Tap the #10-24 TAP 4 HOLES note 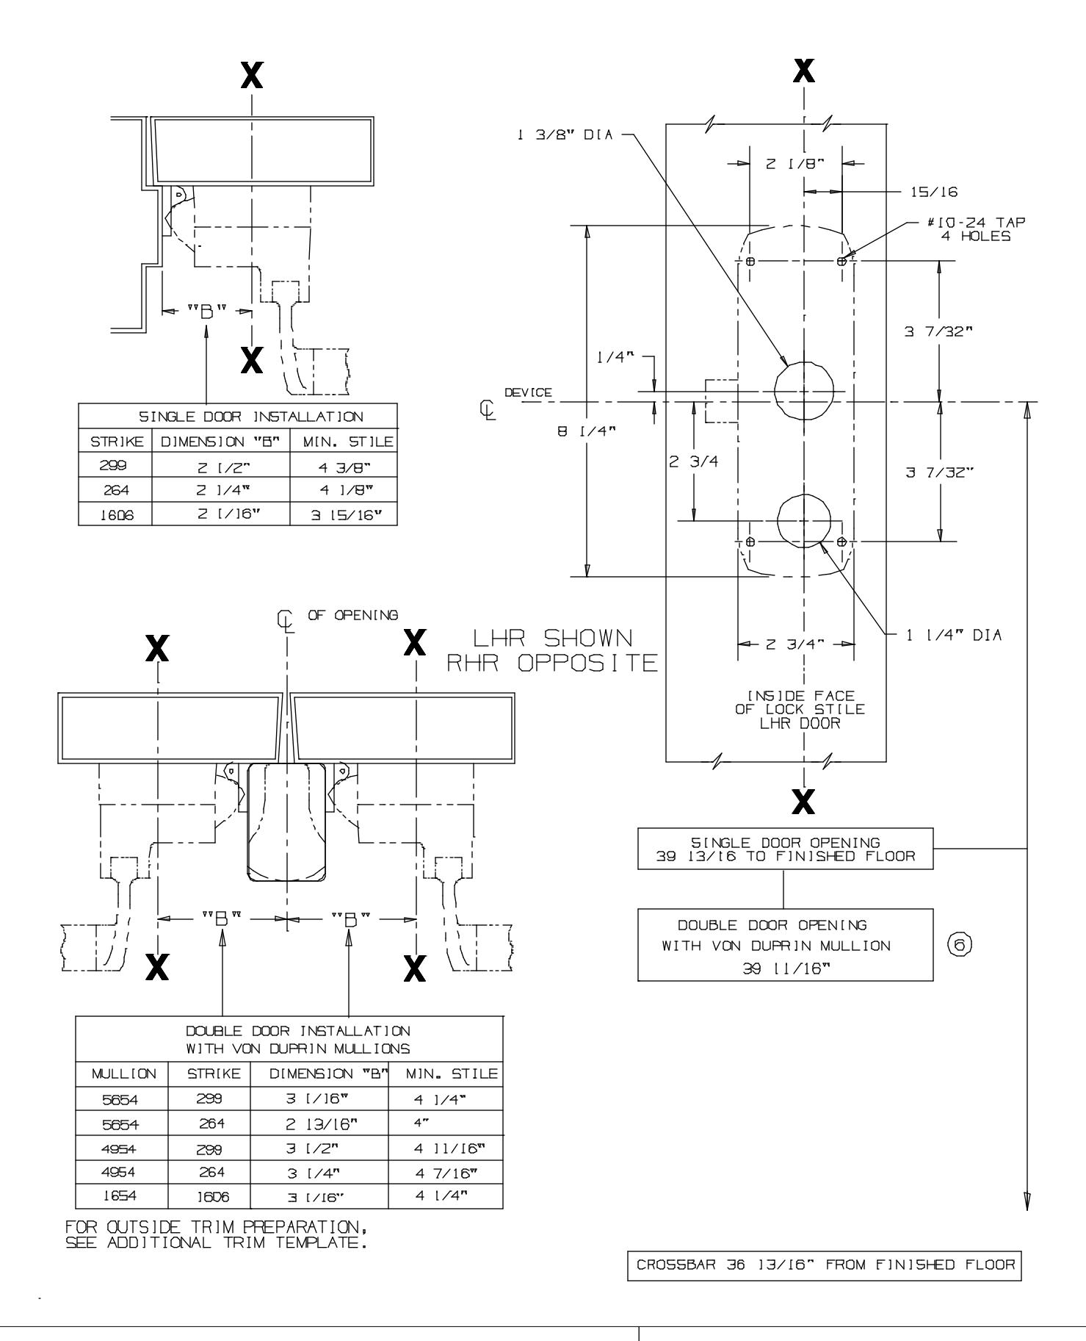pyautogui.click(x=976, y=229)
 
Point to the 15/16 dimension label pyautogui.click(x=933, y=192)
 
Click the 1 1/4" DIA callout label pyautogui.click(x=953, y=635)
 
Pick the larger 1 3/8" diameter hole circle pyautogui.click(x=805, y=390)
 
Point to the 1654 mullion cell pyautogui.click(x=122, y=1196)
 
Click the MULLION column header pyautogui.click(x=123, y=1074)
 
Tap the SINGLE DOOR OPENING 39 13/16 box pyautogui.click(x=785, y=849)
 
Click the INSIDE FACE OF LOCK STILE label pyautogui.click(x=800, y=709)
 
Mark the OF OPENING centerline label pyautogui.click(x=352, y=614)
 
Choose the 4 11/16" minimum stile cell pyautogui.click(x=445, y=1148)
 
